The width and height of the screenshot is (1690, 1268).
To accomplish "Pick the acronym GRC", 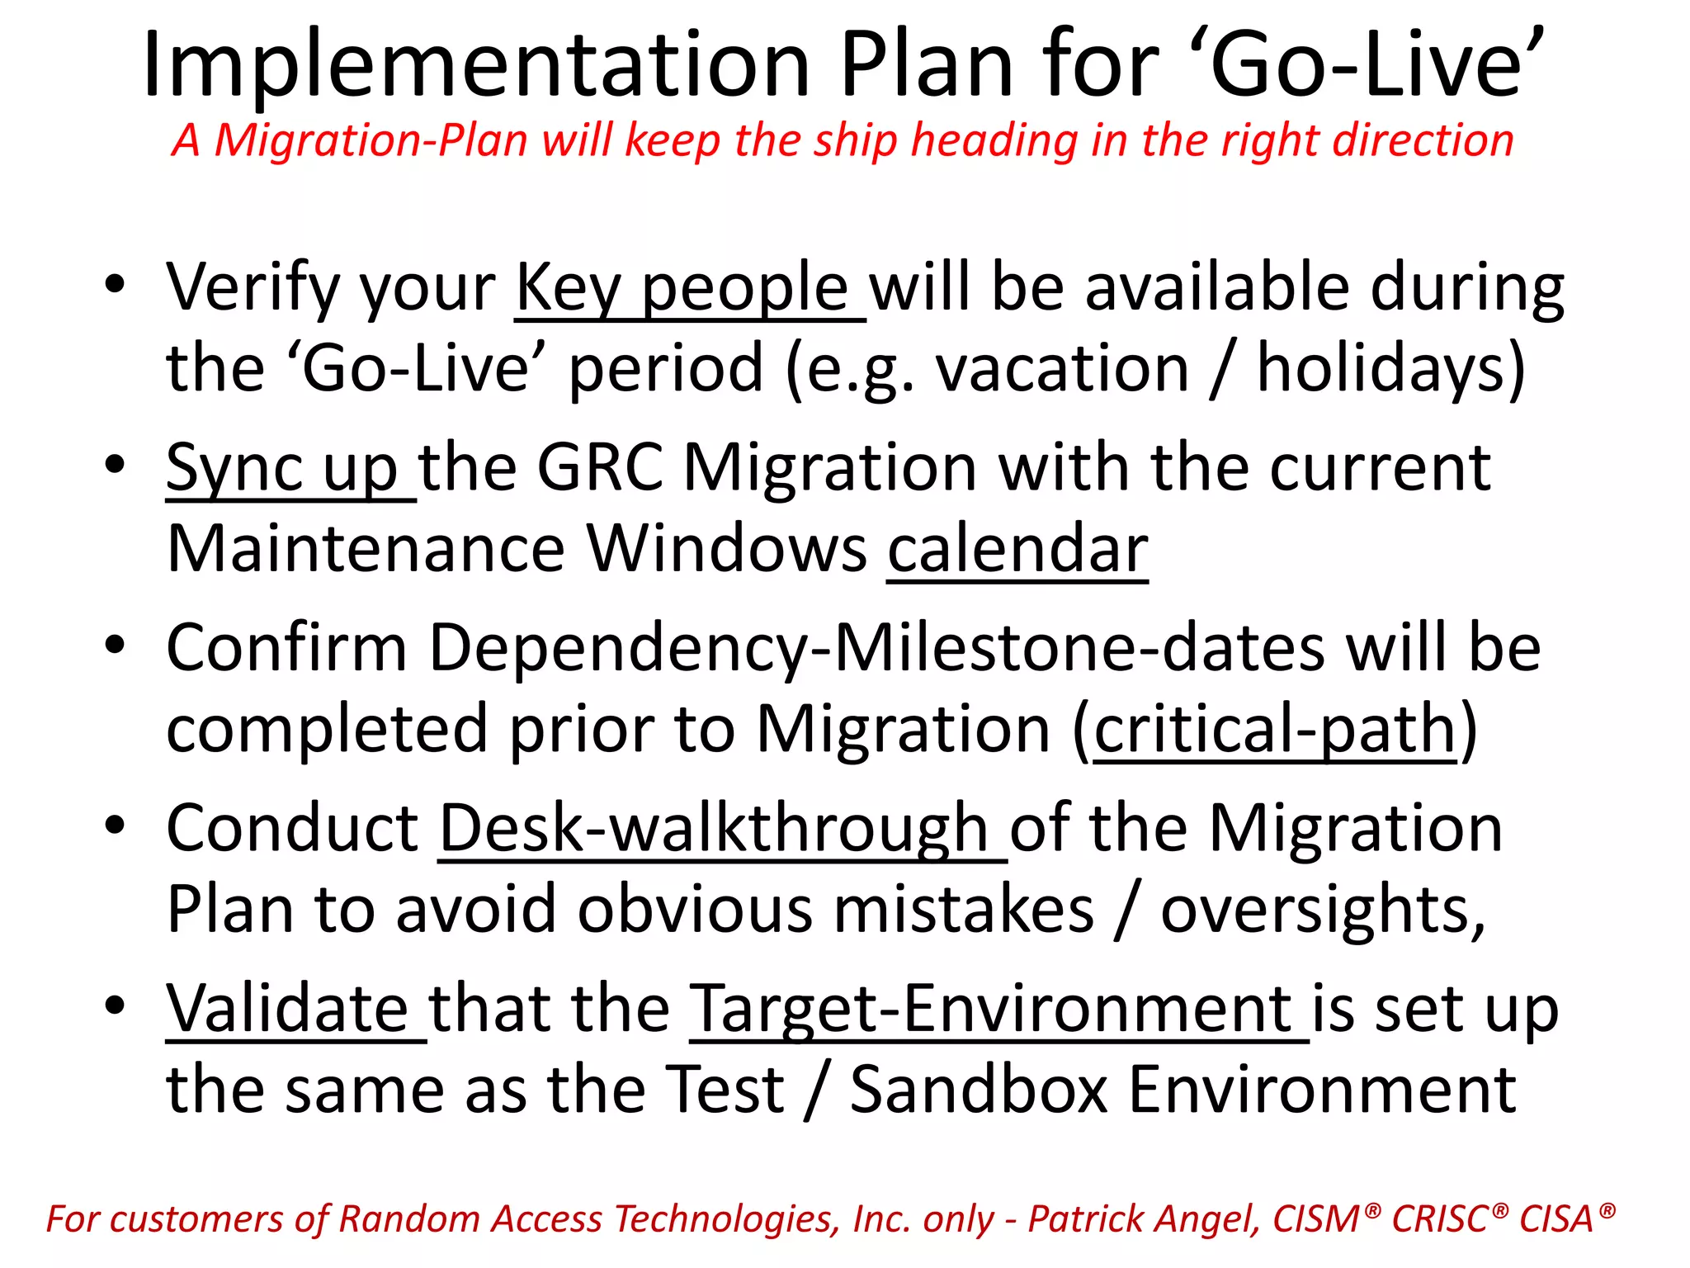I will pos(600,467).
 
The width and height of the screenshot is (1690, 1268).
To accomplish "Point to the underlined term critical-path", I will pos(1276,730).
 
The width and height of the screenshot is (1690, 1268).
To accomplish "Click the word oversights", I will pos(1321,910).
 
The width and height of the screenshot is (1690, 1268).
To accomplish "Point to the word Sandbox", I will pos(979,1090).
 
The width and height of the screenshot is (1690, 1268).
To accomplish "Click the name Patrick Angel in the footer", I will pos(1144,1219).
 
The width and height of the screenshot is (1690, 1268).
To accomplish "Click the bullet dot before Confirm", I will pos(115,645).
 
